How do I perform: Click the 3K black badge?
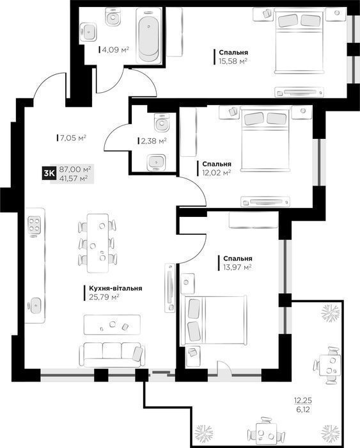48,173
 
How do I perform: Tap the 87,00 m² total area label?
75,169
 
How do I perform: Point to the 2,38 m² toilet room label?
153,141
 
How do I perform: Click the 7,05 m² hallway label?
72,137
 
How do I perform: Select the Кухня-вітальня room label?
113,289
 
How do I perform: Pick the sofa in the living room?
111,353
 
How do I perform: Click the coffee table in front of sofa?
111,326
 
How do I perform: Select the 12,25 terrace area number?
303,401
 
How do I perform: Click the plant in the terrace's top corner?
331,313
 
